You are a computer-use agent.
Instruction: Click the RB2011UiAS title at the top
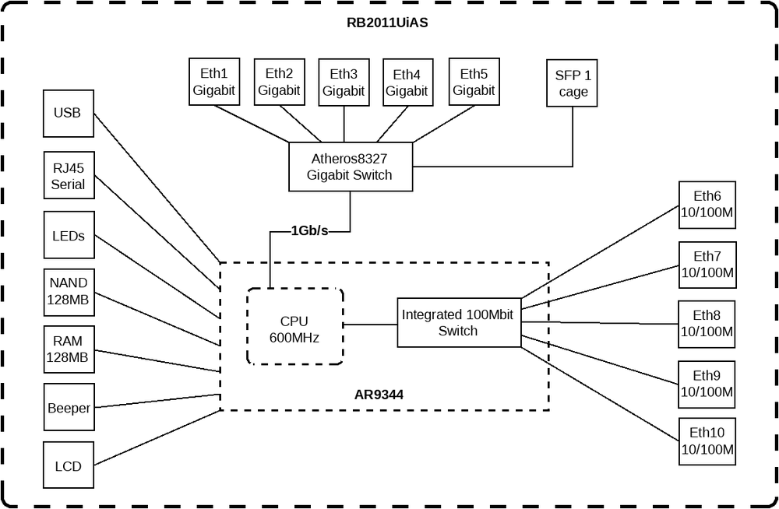(387, 23)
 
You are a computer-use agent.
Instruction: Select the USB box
(67, 113)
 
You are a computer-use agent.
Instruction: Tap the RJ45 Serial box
(68, 176)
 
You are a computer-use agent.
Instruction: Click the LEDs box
(69, 235)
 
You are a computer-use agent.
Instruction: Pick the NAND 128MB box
(69, 291)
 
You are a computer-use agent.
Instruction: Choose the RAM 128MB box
(69, 349)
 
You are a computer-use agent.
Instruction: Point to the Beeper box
(69, 408)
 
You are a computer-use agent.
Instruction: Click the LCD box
(68, 466)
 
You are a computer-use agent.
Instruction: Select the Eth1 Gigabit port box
(214, 82)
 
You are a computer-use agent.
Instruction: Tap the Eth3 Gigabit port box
(344, 82)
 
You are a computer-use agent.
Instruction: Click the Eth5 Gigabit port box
(473, 82)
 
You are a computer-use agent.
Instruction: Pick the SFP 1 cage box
(573, 84)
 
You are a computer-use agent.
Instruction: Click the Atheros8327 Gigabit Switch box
(349, 167)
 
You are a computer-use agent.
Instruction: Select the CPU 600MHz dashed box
(294, 327)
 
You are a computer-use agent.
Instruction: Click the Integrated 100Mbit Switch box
(458, 322)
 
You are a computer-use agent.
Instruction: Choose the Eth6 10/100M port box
(707, 205)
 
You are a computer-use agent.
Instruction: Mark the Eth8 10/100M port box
(707, 324)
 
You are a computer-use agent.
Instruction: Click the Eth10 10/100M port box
(707, 441)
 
